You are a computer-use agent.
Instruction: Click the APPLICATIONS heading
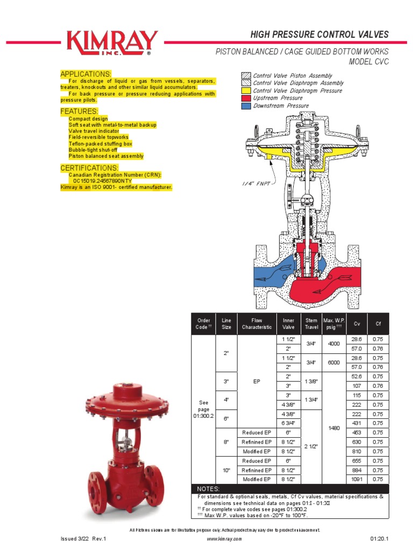pos(86,74)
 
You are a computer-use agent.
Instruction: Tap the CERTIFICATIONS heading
pos(89,168)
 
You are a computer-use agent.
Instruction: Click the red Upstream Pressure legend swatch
pos(246,98)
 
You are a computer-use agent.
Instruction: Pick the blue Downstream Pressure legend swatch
pos(246,106)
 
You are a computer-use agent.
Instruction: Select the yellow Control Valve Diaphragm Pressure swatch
pos(246,91)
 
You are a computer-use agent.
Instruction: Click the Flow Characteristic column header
pos(257,324)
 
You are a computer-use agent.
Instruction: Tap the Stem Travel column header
pos(311,324)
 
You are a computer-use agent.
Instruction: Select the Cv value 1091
pos(357,479)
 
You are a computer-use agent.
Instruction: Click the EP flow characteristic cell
pos(257,381)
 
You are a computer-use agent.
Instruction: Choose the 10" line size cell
pos(226,470)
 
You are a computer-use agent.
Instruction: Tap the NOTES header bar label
pos(209,489)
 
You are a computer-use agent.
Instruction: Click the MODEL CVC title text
pos(368,62)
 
